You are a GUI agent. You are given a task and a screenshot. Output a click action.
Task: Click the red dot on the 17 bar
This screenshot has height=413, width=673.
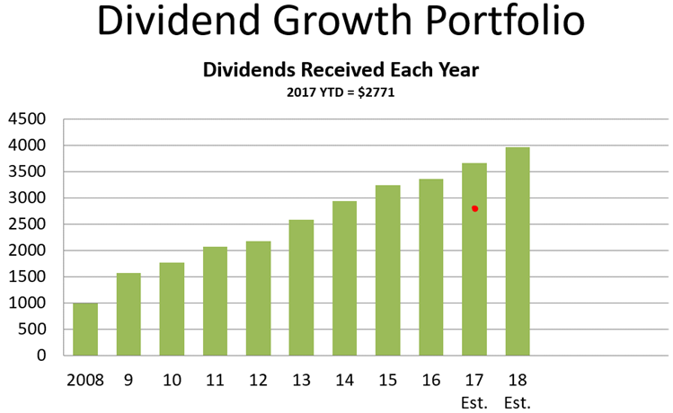[474, 208]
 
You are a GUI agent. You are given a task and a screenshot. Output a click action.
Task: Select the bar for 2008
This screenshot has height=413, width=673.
[85, 330]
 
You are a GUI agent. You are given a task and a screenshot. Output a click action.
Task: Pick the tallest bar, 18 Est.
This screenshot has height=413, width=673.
[518, 251]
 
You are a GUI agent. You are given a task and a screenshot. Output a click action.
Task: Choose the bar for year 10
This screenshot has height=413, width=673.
[172, 309]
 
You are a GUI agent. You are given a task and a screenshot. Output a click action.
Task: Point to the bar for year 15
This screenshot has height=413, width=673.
[388, 270]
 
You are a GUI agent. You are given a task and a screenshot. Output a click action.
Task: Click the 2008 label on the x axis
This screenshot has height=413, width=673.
[85, 379]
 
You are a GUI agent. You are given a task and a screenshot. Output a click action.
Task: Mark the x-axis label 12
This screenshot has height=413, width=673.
[258, 379]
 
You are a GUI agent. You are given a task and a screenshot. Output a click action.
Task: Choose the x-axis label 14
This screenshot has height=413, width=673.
[344, 379]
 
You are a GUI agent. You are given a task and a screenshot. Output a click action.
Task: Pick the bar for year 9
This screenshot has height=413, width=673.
[128, 314]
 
